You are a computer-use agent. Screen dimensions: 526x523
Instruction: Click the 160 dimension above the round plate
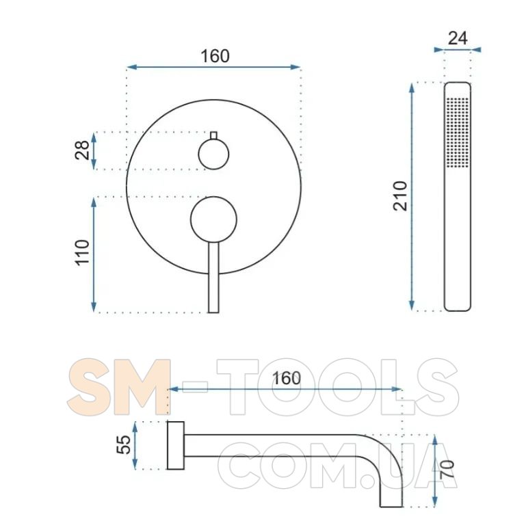(215, 56)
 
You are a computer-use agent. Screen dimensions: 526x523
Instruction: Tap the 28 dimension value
(82, 150)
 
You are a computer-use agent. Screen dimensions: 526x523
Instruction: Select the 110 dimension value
(82, 253)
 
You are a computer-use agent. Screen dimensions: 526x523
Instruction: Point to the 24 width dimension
(458, 38)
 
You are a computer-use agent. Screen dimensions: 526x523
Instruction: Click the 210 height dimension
(400, 196)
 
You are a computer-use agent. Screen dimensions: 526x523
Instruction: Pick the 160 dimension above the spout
(287, 379)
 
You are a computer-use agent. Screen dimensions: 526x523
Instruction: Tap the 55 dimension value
(124, 444)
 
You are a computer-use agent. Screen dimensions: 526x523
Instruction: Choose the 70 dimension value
(447, 469)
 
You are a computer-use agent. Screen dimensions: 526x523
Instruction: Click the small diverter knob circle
(213, 155)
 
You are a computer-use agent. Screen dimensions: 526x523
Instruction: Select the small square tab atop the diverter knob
(213, 135)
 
